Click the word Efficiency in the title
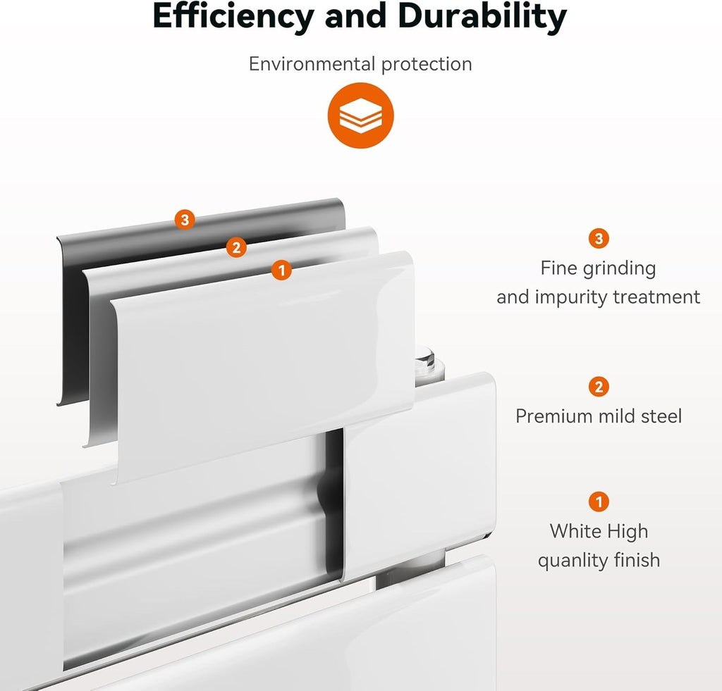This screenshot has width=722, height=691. [233, 16]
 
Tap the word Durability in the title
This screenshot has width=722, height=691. [482, 16]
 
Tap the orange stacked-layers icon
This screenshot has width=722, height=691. [360, 116]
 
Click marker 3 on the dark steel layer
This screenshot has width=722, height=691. [185, 220]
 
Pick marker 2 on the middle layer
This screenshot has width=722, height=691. [236, 247]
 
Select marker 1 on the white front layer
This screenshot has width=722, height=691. [281, 270]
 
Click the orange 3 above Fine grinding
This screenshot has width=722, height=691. [599, 238]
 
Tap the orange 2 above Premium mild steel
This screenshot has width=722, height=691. [599, 387]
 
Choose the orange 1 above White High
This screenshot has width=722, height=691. [599, 502]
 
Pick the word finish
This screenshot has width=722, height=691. [637, 560]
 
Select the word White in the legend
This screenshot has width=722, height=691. [575, 531]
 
